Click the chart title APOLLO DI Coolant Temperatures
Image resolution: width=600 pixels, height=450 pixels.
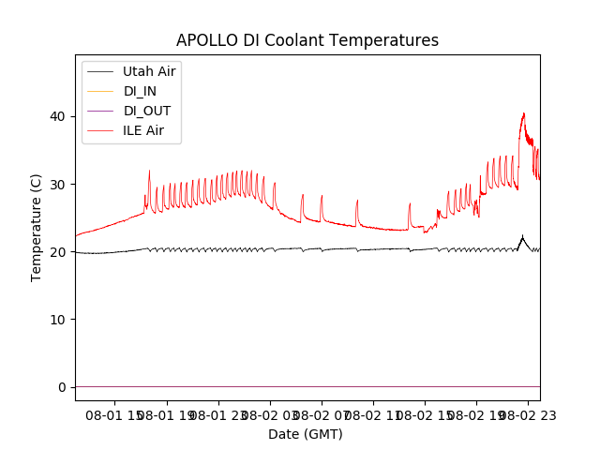click(307, 40)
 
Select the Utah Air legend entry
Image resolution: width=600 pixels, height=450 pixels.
click(148, 71)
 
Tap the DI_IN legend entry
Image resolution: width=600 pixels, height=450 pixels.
click(140, 91)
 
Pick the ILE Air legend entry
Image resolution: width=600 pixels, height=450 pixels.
click(142, 130)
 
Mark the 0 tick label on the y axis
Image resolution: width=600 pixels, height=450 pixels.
click(61, 387)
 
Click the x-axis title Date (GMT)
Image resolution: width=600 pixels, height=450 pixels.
click(306, 434)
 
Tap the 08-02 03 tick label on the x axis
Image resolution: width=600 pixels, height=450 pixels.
click(270, 414)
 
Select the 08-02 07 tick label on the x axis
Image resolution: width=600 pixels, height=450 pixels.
click(322, 414)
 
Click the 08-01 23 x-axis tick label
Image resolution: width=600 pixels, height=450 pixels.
click(218, 414)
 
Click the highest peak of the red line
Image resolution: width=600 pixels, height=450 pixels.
click(523, 113)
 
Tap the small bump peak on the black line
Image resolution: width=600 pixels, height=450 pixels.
click(522, 236)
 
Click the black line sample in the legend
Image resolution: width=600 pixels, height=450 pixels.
click(99, 71)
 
